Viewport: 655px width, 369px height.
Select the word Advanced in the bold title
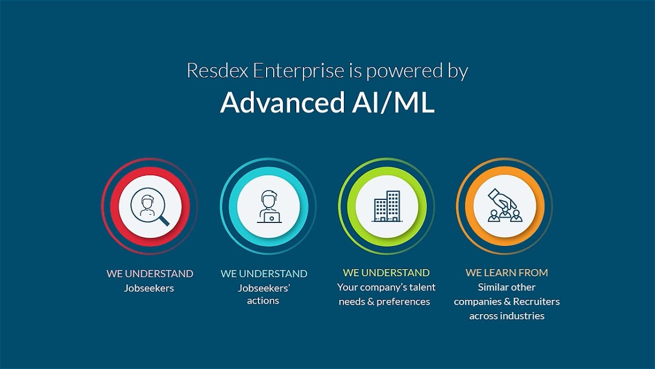(x=282, y=102)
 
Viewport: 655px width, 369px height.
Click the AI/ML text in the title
(x=392, y=102)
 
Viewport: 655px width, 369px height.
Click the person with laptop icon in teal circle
(x=268, y=207)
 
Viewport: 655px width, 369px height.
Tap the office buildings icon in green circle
(x=386, y=207)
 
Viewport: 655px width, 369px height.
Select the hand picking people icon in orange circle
(x=504, y=207)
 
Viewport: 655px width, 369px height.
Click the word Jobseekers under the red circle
(x=149, y=288)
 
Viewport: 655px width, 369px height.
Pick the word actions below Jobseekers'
(x=263, y=301)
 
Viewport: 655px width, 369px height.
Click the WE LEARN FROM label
(x=507, y=273)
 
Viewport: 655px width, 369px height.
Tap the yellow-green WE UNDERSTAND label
(x=386, y=273)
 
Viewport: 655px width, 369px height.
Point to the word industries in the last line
(x=522, y=316)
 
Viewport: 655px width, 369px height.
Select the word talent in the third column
(x=423, y=287)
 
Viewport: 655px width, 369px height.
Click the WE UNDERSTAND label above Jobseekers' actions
(x=264, y=274)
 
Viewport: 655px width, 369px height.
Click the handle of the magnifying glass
(x=164, y=221)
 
